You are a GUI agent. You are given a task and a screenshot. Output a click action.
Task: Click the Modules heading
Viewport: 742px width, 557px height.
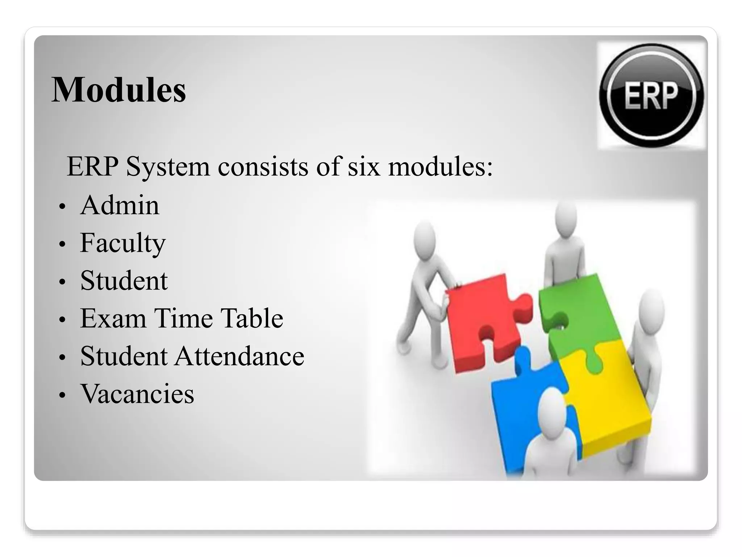click(x=119, y=90)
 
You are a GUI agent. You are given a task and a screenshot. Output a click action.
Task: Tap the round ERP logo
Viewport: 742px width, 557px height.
click(x=651, y=95)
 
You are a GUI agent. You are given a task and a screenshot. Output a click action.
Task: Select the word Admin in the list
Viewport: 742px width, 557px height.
click(x=120, y=205)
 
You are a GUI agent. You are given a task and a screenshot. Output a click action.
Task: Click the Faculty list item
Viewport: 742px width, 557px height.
click(x=122, y=243)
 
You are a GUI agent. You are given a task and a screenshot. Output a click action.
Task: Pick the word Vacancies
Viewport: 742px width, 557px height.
click(x=137, y=394)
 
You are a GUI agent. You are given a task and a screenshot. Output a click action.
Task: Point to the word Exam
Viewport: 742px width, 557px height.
click(x=113, y=318)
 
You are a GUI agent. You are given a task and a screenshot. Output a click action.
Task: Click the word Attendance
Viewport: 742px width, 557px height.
click(x=239, y=356)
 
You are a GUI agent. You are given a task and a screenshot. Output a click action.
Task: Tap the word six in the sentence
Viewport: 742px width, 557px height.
click(x=364, y=167)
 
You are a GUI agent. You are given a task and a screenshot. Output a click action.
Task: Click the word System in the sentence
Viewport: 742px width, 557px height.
click(x=168, y=167)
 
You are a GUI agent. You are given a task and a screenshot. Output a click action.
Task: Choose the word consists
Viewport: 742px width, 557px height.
click(x=263, y=167)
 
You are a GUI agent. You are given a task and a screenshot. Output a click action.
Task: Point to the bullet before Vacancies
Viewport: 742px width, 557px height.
click(x=62, y=395)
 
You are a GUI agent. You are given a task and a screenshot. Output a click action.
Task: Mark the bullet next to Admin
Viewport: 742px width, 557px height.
click(x=62, y=206)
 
